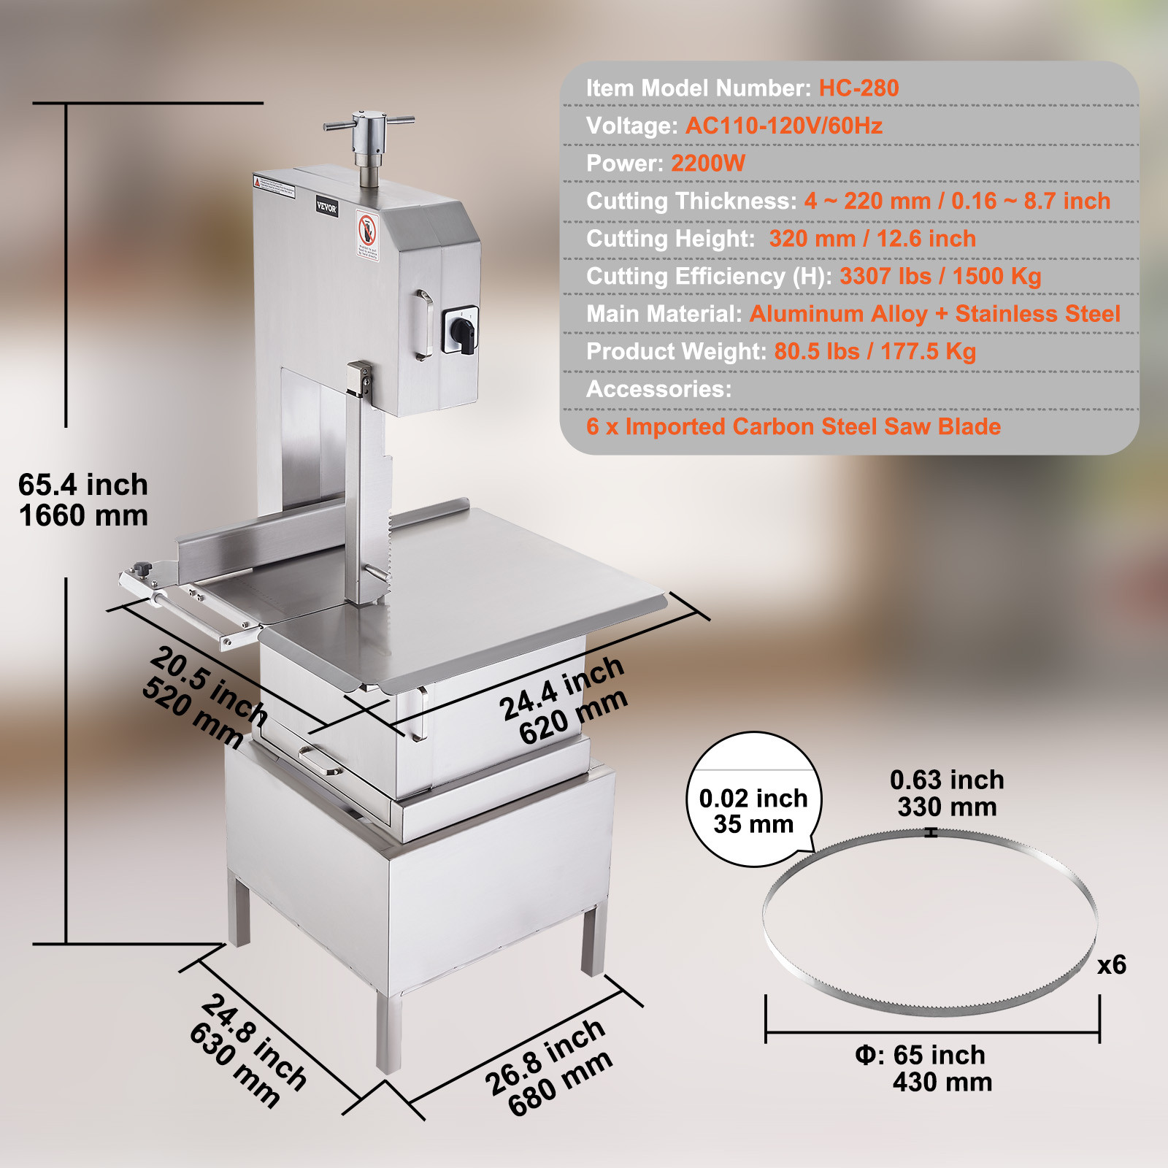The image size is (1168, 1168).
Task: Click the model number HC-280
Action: [x=858, y=88]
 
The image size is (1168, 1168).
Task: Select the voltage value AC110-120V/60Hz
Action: [x=783, y=126]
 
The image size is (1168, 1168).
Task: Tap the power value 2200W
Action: [x=707, y=164]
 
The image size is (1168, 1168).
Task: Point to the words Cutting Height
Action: [x=670, y=239]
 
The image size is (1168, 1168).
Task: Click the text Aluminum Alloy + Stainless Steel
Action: [x=934, y=314]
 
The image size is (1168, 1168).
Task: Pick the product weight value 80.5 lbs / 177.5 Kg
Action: [x=875, y=352]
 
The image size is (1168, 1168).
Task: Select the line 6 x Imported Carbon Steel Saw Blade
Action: [x=793, y=427]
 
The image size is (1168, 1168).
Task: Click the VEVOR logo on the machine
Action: [x=326, y=207]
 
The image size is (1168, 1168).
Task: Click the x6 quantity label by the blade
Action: [x=1111, y=965]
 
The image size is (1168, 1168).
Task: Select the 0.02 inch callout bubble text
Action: [x=753, y=799]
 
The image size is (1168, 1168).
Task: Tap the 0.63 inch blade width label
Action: [x=947, y=780]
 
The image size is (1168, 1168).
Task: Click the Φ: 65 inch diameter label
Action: [x=920, y=1056]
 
